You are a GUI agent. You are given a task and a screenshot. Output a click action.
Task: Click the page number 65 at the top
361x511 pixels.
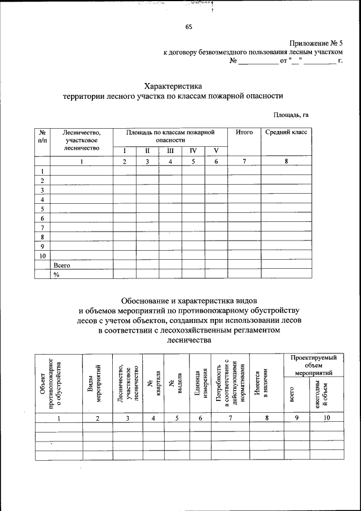(x=188, y=27)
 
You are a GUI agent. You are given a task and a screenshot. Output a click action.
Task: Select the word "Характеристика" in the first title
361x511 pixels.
(x=173, y=86)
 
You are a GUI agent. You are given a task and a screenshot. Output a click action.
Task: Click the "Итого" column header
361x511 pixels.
(x=244, y=132)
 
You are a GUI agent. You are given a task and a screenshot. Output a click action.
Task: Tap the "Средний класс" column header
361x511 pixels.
(x=286, y=132)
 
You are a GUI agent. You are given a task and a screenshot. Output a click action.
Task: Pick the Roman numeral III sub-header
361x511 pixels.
(x=169, y=151)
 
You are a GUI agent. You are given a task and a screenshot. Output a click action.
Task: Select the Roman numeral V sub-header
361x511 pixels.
(x=215, y=151)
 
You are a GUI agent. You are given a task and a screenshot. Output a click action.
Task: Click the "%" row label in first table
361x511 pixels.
(x=56, y=274)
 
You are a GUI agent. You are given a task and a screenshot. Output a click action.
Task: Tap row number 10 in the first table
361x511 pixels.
(x=42, y=255)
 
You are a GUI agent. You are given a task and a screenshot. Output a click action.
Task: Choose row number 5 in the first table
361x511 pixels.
(x=42, y=208)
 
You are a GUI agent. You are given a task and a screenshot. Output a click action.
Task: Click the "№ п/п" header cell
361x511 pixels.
(x=42, y=136)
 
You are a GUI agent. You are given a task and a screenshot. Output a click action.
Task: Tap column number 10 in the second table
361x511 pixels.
(x=328, y=418)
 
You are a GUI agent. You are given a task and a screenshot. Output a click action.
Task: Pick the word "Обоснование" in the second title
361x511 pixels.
(x=148, y=299)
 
